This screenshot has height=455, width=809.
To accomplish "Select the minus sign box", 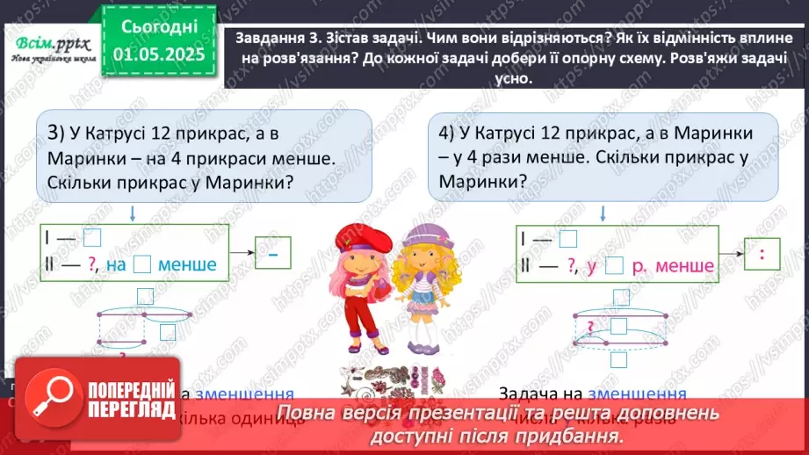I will tap(273, 252).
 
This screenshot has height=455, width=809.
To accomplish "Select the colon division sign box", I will tap(762, 254).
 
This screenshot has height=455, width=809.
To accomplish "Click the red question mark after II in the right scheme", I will tap(572, 266).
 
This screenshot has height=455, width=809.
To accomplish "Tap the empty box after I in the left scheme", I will tap(97, 238).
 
